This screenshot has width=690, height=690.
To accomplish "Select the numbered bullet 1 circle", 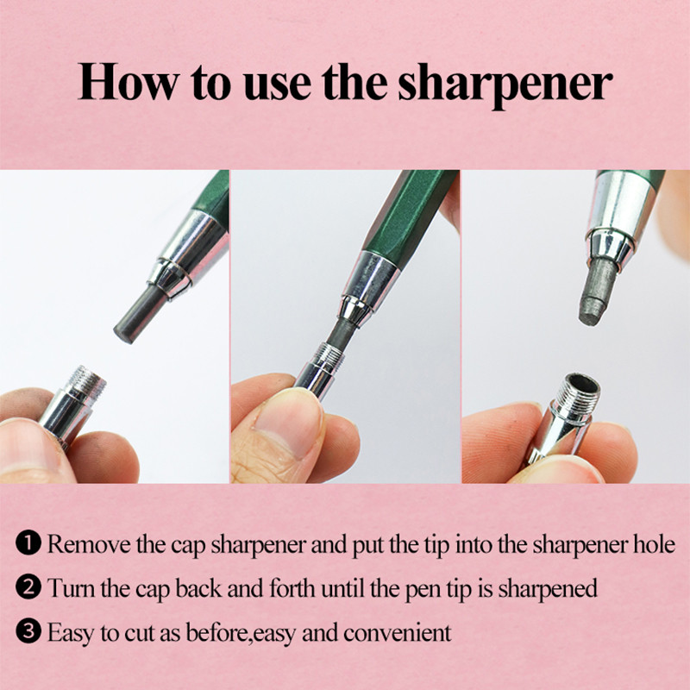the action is click(x=28, y=543).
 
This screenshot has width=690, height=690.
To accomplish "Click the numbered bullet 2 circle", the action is click(x=28, y=587).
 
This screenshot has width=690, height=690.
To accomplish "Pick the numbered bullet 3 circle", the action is click(x=28, y=631).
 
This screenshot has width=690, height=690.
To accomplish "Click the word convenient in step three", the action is click(x=398, y=633).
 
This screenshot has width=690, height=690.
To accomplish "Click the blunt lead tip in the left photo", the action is click(x=124, y=333).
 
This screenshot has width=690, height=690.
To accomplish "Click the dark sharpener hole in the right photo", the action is click(x=581, y=382).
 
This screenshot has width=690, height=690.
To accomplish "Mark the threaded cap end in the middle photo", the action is click(x=329, y=351).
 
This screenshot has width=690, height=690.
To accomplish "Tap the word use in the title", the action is click(x=277, y=86).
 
